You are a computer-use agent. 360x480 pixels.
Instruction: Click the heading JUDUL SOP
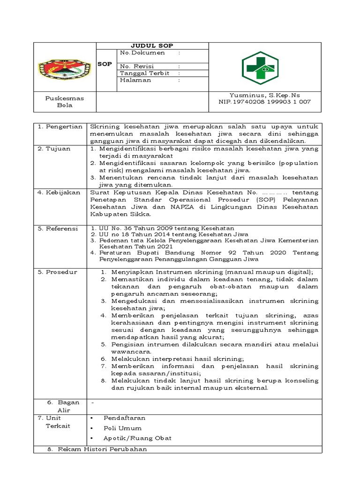point(152,45)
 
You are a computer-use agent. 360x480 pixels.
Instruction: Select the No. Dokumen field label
point(142,53)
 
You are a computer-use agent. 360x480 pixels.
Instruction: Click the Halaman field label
point(135,80)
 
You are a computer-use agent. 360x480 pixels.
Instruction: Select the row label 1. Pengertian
point(60,127)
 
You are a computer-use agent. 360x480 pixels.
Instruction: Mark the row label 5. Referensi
point(58,229)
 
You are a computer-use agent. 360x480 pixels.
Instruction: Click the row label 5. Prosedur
point(58,272)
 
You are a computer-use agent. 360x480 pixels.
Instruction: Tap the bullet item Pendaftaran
point(124,418)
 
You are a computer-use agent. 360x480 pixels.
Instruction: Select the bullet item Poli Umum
point(122,428)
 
